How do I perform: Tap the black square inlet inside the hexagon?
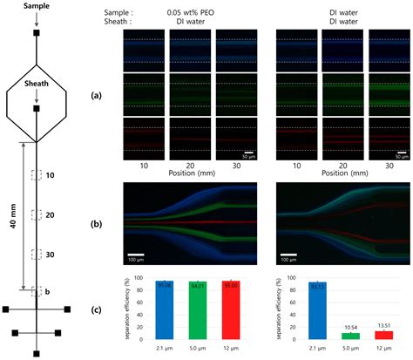click(36, 110)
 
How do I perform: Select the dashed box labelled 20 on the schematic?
click(36, 214)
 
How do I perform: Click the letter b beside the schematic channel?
click(47, 291)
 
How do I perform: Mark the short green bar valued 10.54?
click(353, 336)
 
